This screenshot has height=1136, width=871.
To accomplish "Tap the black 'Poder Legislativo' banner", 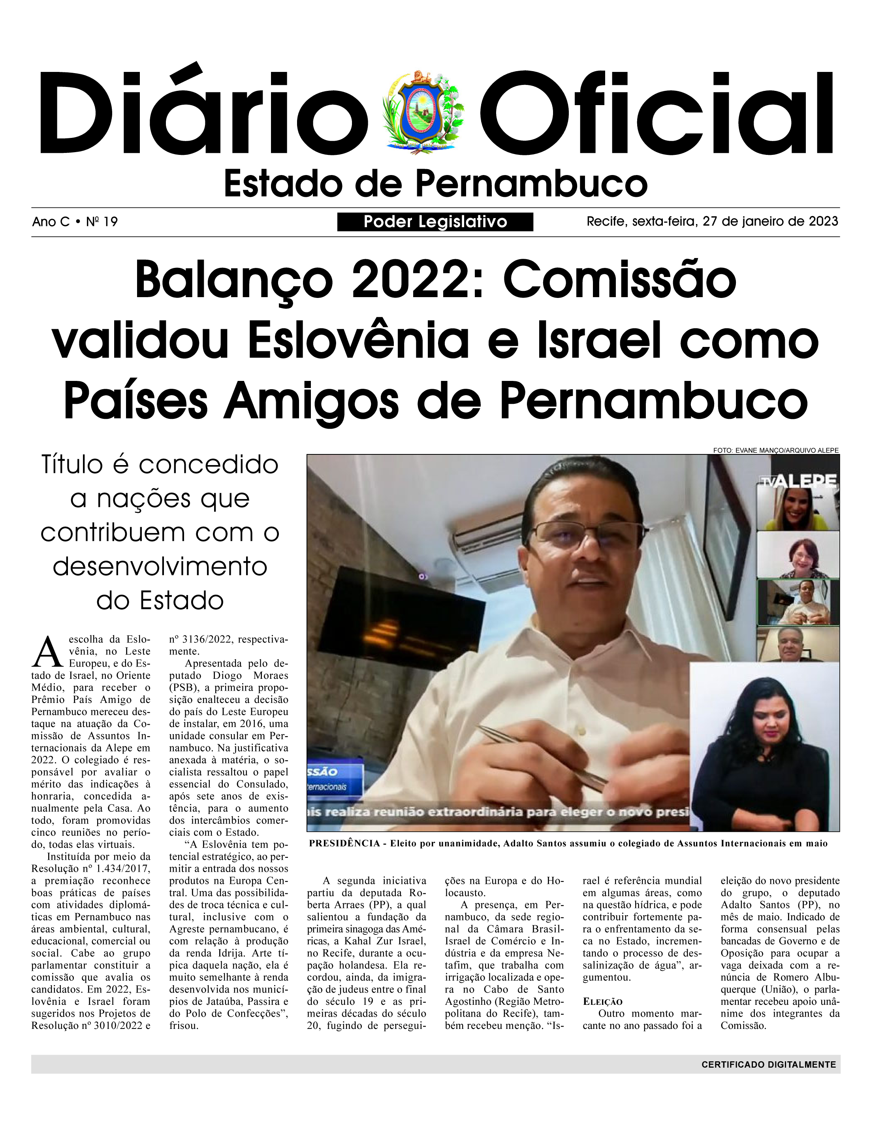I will (x=435, y=222).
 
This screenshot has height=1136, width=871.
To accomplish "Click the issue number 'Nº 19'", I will (x=102, y=222).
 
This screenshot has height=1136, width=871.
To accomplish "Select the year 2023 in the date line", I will (x=823, y=221).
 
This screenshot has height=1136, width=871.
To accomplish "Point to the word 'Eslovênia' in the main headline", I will (x=358, y=341).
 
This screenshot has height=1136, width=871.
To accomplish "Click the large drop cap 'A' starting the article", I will (x=48, y=652).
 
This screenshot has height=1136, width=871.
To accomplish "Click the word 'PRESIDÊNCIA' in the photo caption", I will (x=344, y=844).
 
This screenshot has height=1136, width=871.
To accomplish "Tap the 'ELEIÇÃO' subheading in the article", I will (x=602, y=1002).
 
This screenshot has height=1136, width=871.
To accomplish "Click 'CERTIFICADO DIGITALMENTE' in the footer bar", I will (x=768, y=1064).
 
